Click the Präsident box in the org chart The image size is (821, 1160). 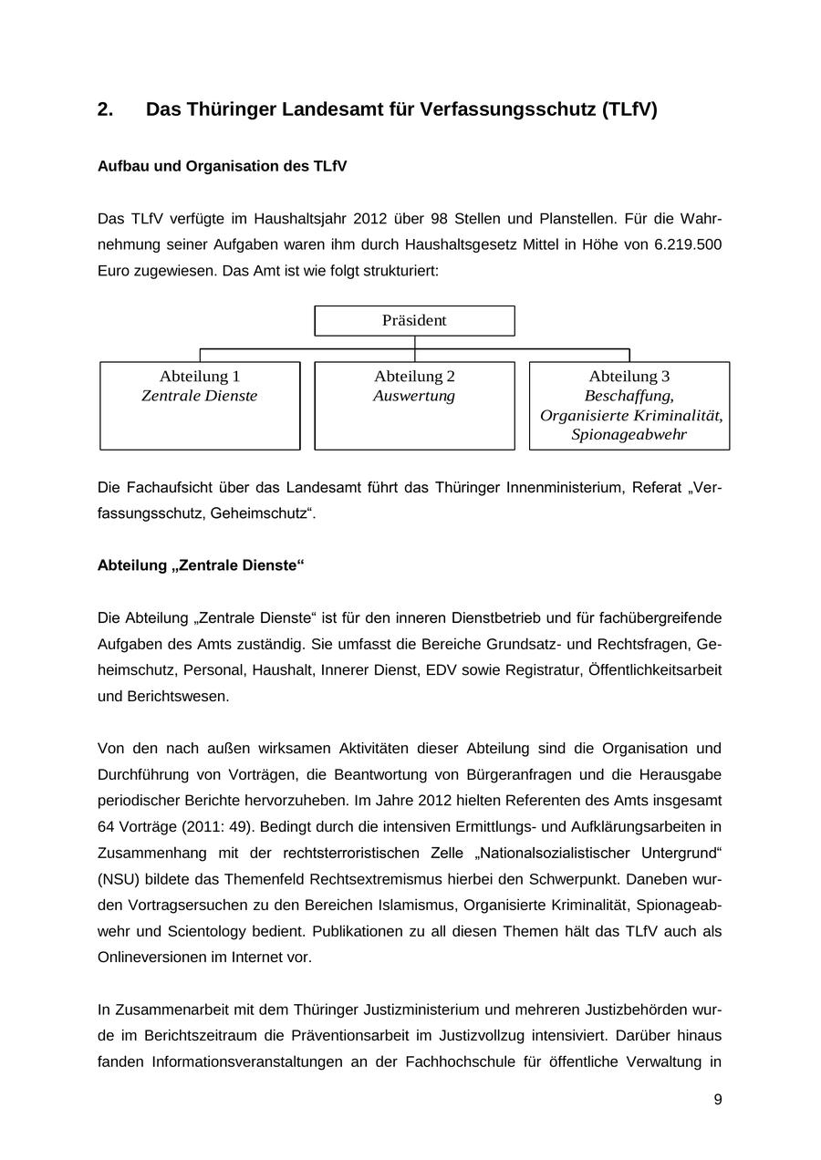pos(414,320)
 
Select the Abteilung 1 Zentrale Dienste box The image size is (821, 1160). pos(200,405)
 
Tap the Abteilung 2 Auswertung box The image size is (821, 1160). pos(414,405)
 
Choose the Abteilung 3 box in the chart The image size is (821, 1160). pos(629,405)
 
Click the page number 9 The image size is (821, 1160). pos(718,1100)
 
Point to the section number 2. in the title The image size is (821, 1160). pos(106,110)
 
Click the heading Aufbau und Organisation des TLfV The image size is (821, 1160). pos(222,166)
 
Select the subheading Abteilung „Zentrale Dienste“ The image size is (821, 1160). pos(201,565)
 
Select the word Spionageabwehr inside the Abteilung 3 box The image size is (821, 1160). pos(629,435)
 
